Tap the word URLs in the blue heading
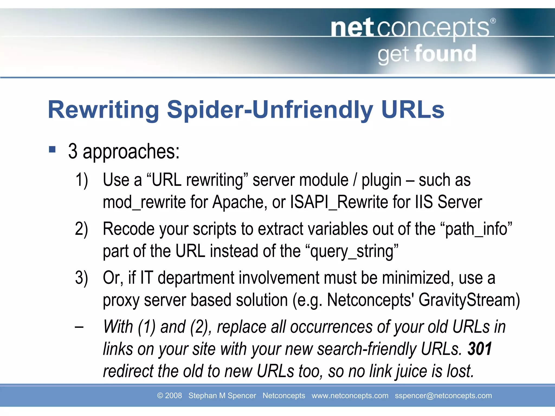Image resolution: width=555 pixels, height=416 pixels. (412, 110)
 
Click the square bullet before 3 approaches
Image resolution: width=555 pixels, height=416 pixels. (52, 149)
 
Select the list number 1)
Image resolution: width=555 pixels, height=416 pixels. (82, 180)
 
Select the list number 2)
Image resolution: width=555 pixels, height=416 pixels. (82, 229)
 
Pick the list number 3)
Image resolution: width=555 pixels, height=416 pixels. (82, 278)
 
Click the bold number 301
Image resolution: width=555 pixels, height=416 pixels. (479, 349)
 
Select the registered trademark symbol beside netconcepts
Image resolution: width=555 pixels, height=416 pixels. (493, 21)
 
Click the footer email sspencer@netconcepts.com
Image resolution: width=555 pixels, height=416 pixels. (443, 395)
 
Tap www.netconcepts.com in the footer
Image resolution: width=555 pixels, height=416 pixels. (350, 395)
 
